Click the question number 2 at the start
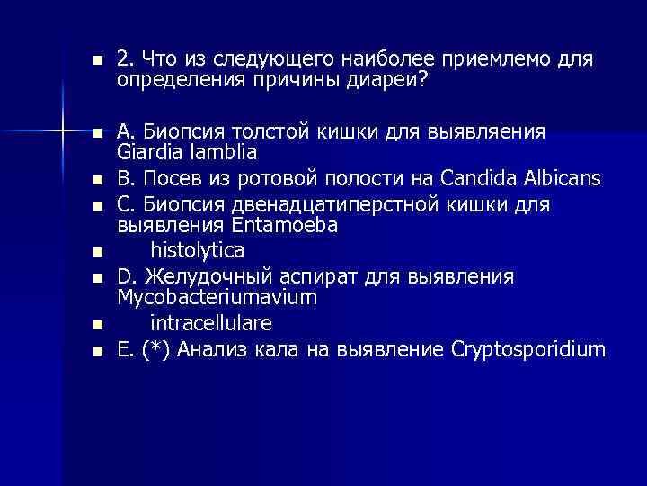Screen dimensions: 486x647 [124, 59]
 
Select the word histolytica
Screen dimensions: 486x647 [197, 247]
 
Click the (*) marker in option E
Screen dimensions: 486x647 [154, 349]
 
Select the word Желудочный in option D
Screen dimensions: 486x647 [200, 275]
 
